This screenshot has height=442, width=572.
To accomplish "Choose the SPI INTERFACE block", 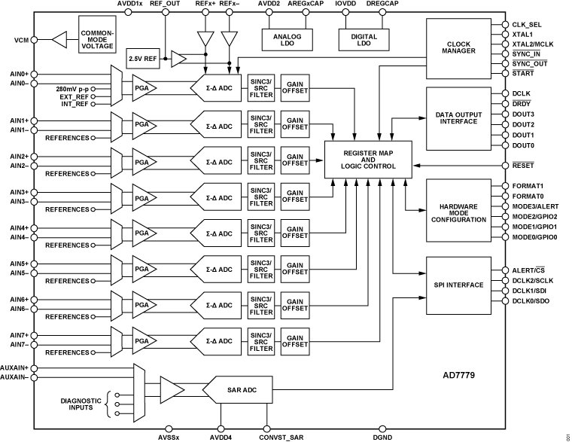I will click(458, 285).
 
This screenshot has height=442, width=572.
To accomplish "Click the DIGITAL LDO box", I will click(359, 39).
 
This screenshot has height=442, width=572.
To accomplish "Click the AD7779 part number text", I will click(460, 373).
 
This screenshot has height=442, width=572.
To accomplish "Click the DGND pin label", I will click(382, 437).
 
